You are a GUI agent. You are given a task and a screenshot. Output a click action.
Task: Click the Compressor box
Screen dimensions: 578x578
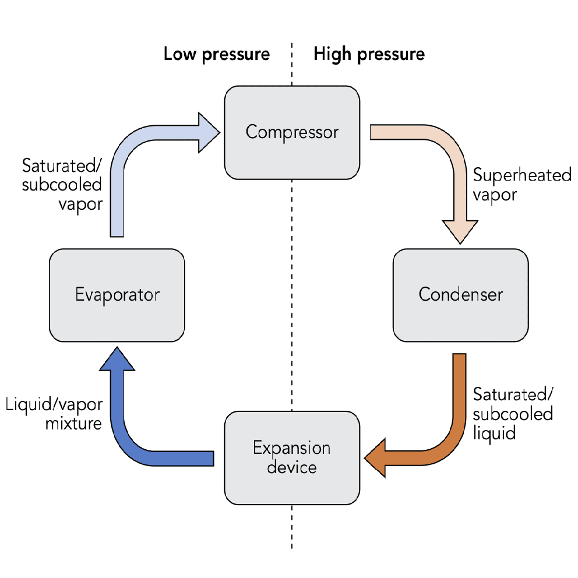pos(291,132)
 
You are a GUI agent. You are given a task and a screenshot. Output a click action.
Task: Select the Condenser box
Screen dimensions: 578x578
pos(460,294)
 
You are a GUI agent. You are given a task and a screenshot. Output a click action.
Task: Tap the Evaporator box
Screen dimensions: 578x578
pos(117,294)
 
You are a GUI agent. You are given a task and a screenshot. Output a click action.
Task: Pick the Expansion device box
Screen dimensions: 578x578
pos(291,457)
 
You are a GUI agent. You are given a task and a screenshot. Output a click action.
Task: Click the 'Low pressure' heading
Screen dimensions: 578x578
pos(217,55)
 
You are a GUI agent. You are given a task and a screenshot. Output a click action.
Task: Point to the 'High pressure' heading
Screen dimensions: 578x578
pos(369,55)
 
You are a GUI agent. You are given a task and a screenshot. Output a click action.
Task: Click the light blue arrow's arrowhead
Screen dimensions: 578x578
pos(208,132)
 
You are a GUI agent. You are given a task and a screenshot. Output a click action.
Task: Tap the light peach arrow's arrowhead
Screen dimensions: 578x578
pos(460,232)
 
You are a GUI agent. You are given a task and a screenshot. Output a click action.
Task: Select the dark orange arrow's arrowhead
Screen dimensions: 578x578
pos(376,459)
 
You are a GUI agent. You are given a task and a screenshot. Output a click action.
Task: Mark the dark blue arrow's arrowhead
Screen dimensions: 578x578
pos(117,358)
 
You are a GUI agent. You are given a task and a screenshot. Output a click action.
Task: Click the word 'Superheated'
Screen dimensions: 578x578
pos(522,175)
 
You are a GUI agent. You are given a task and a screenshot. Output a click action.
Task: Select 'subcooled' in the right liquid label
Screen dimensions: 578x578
pos(513,414)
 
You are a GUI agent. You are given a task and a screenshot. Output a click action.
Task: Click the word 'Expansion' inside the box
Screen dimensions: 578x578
pos(291,448)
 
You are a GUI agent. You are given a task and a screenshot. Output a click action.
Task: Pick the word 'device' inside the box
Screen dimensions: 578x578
pos(291,467)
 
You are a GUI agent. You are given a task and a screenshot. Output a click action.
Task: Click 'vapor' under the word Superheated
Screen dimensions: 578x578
pos(495,194)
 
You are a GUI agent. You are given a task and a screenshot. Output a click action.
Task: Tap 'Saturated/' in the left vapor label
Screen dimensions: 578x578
pos(62,166)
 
